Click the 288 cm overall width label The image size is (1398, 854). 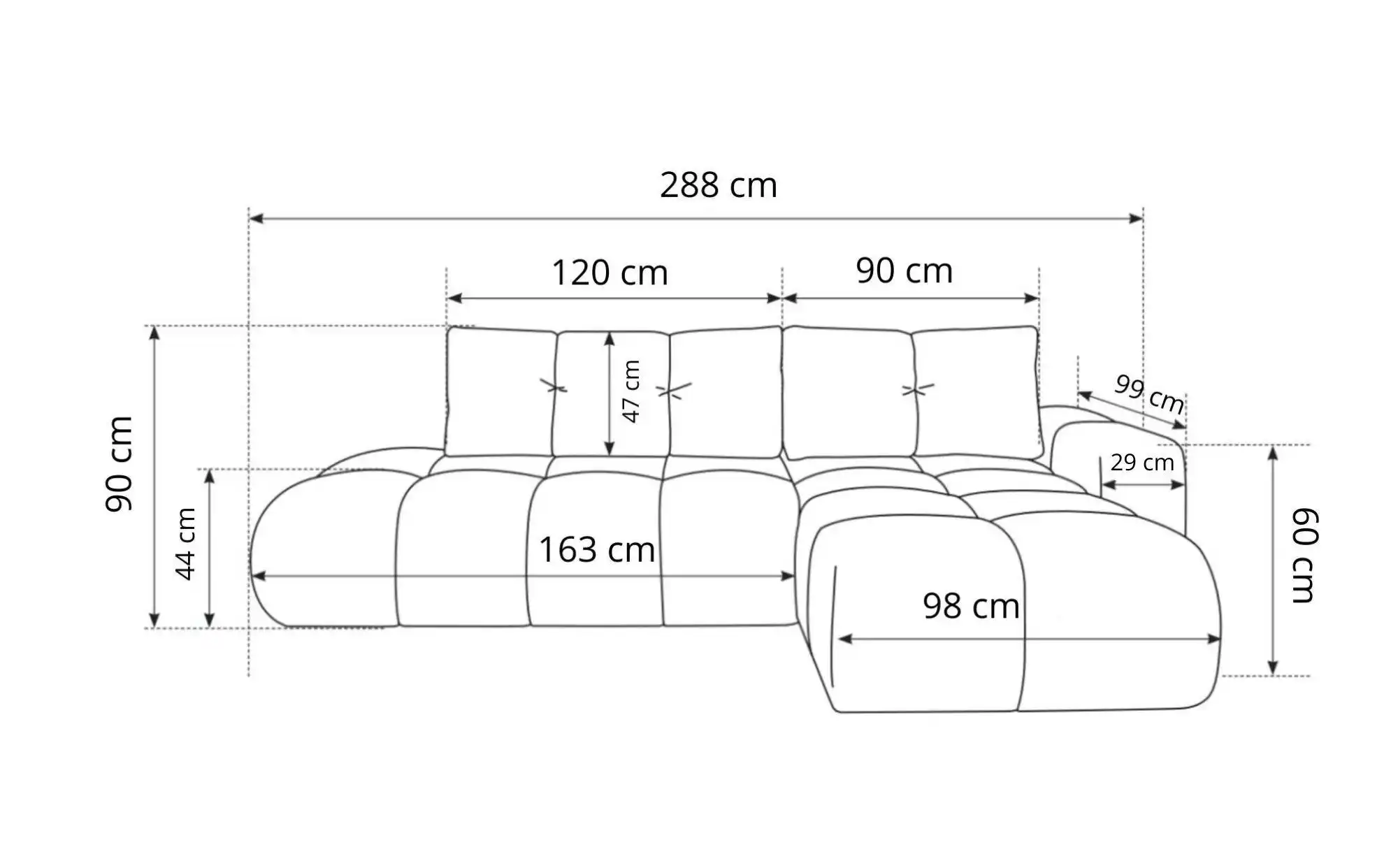719,186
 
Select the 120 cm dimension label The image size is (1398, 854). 610,273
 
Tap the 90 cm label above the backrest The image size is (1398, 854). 905,271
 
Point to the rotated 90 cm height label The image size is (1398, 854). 119,464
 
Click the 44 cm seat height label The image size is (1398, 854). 185,544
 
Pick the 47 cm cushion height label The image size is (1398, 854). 631,391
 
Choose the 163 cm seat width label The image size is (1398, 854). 597,550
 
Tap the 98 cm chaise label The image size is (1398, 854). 971,606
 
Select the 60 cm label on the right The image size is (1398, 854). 1304,556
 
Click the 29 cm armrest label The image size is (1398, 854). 1142,463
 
